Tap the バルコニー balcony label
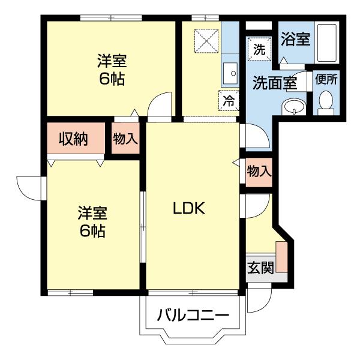coord(193,315)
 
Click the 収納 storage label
coord(73,139)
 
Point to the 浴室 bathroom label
coord(295,40)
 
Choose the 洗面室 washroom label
coord(274,83)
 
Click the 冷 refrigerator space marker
coord(229,100)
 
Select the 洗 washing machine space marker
coord(259,50)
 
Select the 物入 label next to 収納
coord(125,139)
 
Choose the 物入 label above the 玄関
coord(259,171)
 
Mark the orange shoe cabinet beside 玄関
coord(281,257)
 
